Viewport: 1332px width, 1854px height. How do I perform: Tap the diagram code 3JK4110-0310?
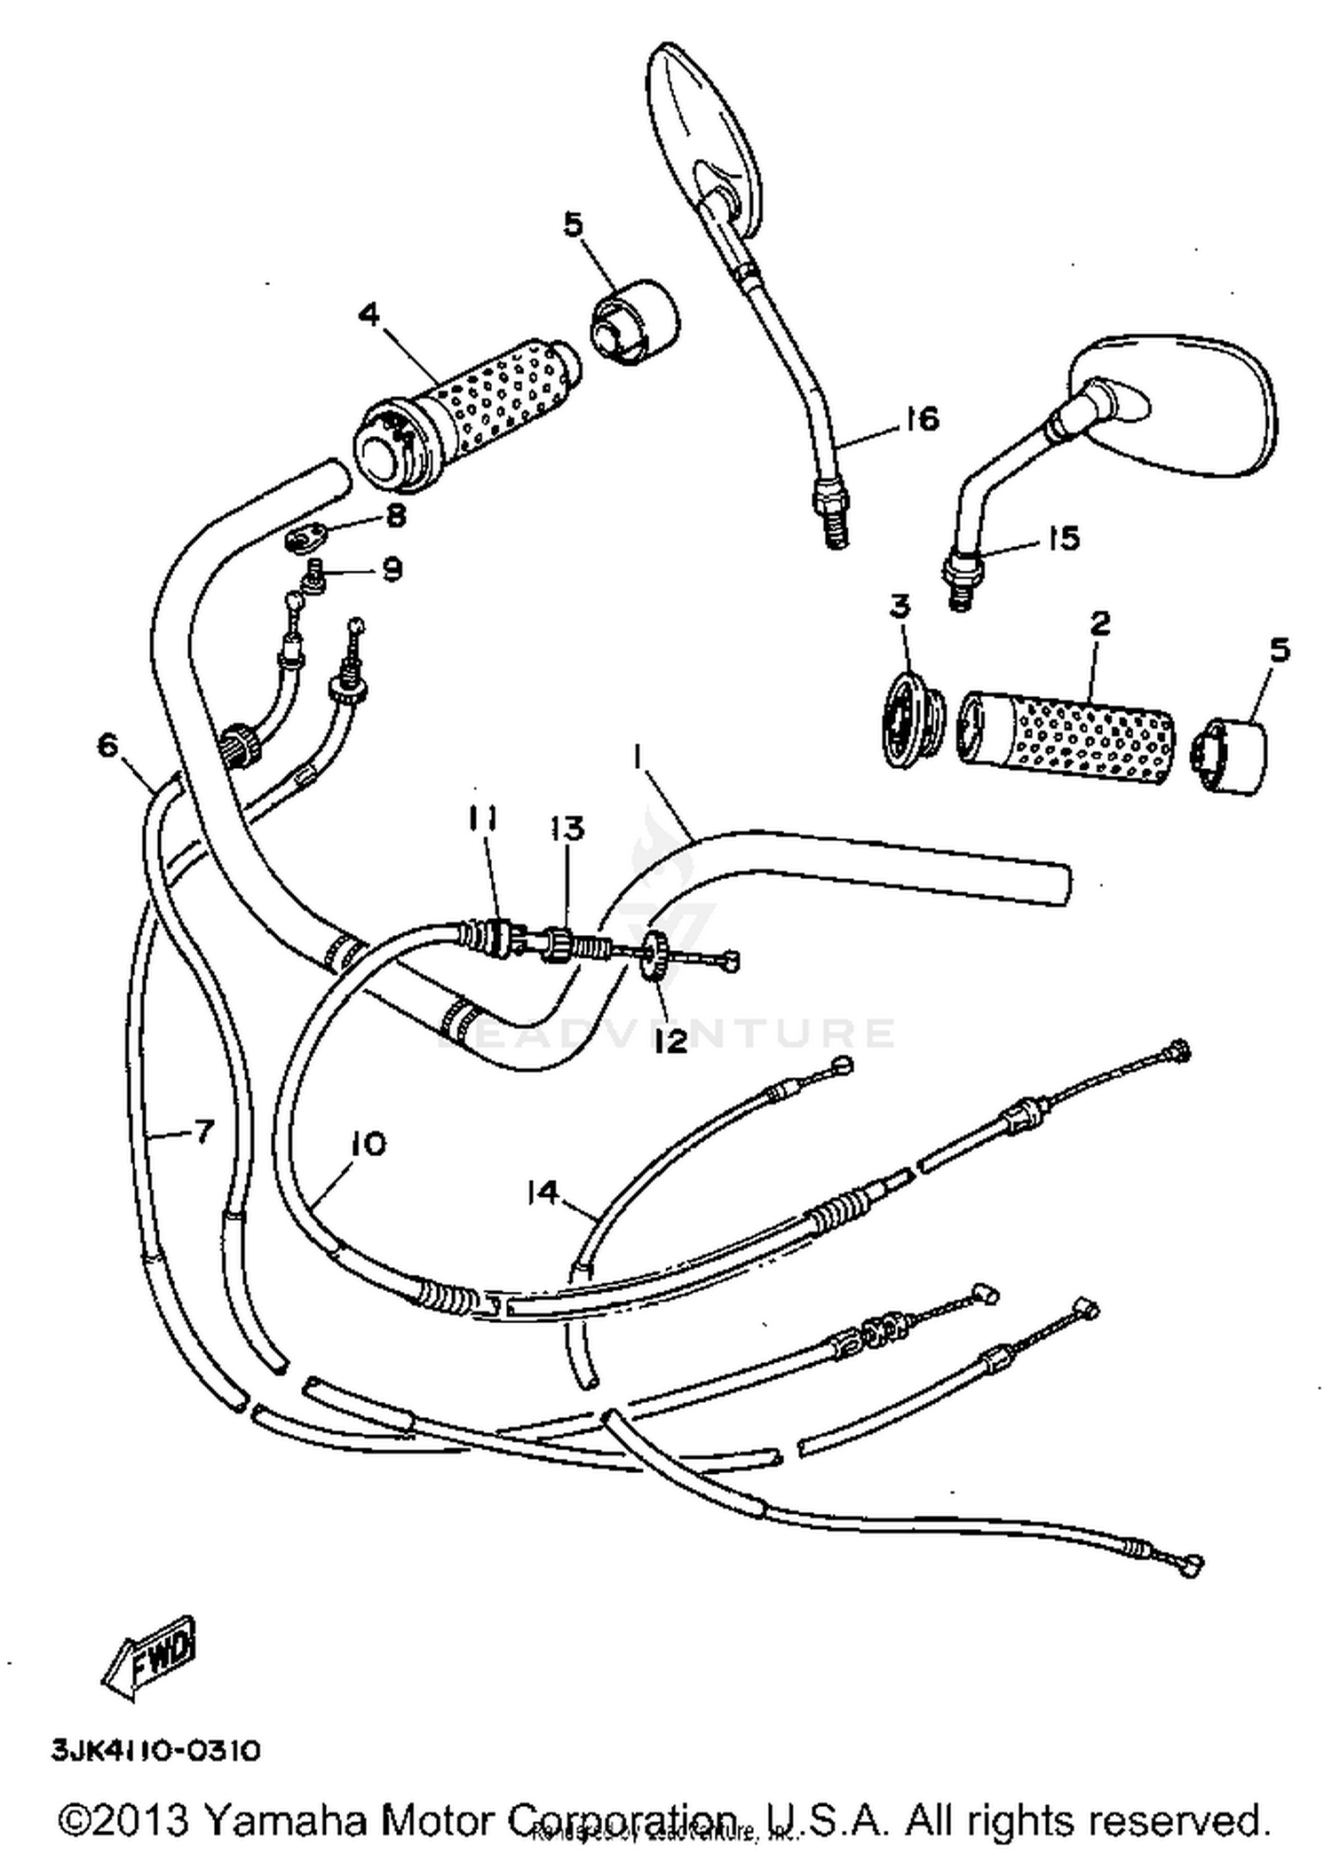click(x=156, y=1750)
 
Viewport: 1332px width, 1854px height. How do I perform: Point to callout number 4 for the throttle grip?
click(x=369, y=314)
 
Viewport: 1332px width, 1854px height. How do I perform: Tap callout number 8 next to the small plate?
click(x=395, y=514)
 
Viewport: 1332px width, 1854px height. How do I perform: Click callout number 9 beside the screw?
click(x=392, y=568)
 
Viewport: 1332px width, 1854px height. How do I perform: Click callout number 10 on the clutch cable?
click(x=369, y=1144)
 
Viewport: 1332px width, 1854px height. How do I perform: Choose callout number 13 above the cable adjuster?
click(x=567, y=828)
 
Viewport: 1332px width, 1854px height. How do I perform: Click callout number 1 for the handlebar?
click(x=637, y=757)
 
